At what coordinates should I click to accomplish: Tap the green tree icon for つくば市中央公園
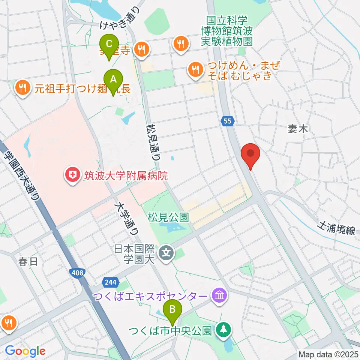[223, 330]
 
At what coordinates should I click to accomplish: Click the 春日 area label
[28, 261]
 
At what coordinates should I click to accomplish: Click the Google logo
[25, 351]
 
